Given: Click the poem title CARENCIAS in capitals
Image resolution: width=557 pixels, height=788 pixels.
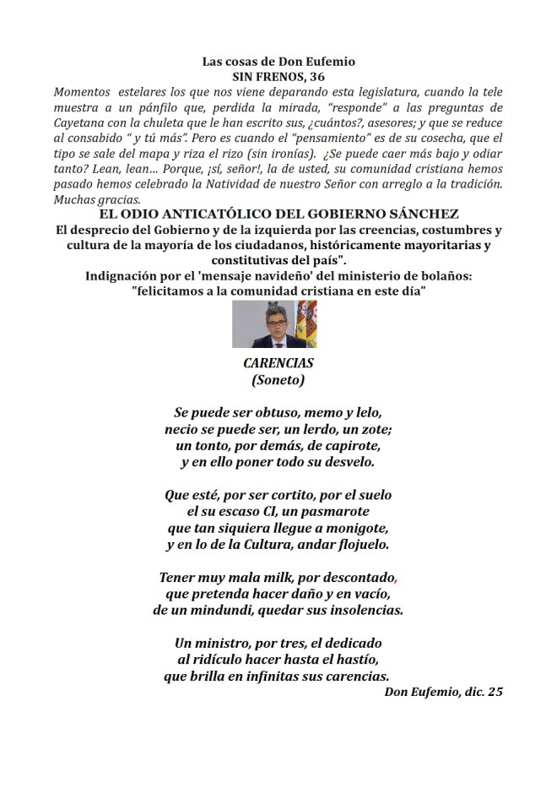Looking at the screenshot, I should pos(278,363).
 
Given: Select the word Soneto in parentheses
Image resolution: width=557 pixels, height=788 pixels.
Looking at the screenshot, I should pos(278,380).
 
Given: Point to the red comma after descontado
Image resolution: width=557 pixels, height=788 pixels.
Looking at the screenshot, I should pos(395,580).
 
